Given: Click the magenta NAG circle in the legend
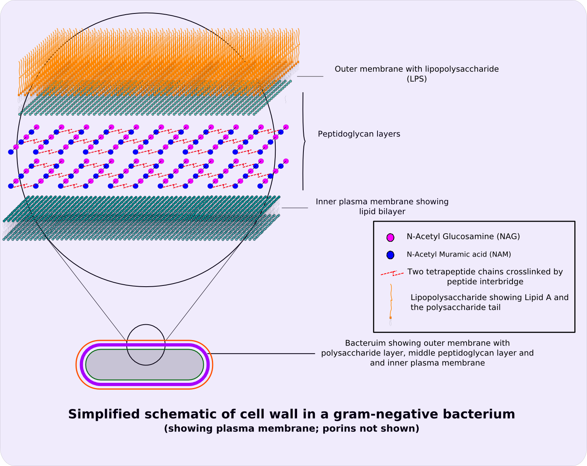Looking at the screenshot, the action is click(x=390, y=237).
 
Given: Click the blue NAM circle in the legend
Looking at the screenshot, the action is click(x=390, y=255).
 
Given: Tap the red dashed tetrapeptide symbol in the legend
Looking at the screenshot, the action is click(x=392, y=273).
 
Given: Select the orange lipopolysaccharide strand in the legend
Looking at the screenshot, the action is click(x=391, y=301).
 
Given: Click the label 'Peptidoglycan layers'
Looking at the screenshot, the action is click(x=359, y=134).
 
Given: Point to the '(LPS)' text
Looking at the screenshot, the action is click(x=417, y=79).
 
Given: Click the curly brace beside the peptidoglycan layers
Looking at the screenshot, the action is click(x=303, y=141).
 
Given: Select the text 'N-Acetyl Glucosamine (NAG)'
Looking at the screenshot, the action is click(x=463, y=236).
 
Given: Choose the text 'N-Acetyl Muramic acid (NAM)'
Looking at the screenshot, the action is click(x=459, y=255).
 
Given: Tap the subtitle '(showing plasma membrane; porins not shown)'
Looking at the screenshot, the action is click(x=291, y=428).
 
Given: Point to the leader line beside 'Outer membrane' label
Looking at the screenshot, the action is click(x=310, y=76).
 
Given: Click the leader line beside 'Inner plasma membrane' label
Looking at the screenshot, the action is click(x=295, y=208).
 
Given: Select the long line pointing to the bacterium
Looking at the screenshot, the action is click(x=261, y=354).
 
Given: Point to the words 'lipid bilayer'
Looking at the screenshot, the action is click(x=382, y=211).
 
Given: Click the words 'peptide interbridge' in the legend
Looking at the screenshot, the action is click(x=485, y=282).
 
